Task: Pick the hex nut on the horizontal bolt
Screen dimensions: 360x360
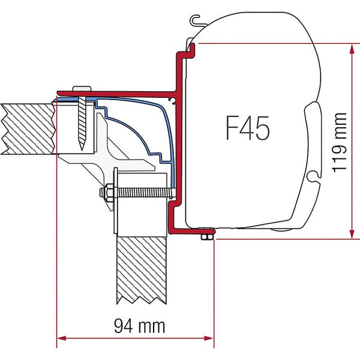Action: tap(106, 194)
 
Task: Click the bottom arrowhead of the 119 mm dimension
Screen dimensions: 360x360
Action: tap(350, 235)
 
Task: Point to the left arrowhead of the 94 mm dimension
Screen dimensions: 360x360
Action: tap(59, 338)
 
